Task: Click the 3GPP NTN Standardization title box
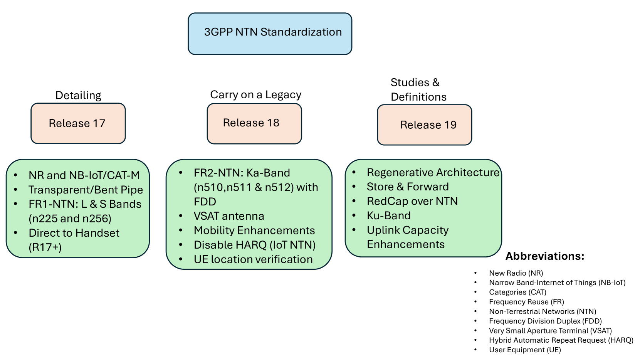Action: click(x=270, y=34)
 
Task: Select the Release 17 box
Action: click(x=78, y=123)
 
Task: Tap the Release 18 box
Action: click(x=254, y=123)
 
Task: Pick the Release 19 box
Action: click(x=424, y=125)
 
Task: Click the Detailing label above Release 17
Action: click(x=78, y=95)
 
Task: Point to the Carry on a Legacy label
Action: click(x=256, y=94)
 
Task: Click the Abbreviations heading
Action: click(x=545, y=256)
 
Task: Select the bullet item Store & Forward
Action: click(x=408, y=187)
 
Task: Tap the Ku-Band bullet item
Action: click(x=388, y=215)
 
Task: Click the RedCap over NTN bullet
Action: click(x=412, y=201)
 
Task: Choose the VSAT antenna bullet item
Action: click(x=229, y=216)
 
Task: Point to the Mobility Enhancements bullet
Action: click(x=254, y=230)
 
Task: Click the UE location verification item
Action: click(x=253, y=259)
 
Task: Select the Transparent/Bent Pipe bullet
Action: click(x=86, y=190)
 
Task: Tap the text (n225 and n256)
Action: click(x=70, y=219)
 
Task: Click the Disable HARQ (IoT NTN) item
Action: click(x=255, y=245)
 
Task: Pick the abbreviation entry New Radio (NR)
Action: click(x=516, y=273)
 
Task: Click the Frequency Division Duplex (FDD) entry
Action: click(x=546, y=321)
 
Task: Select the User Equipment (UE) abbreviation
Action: click(x=525, y=350)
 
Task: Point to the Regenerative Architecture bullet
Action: click(x=433, y=172)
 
